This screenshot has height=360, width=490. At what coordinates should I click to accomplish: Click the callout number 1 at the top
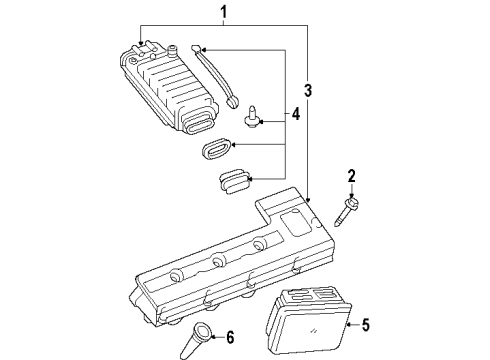tap(223, 12)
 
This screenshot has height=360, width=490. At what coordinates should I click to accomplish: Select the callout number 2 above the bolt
tap(352, 176)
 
